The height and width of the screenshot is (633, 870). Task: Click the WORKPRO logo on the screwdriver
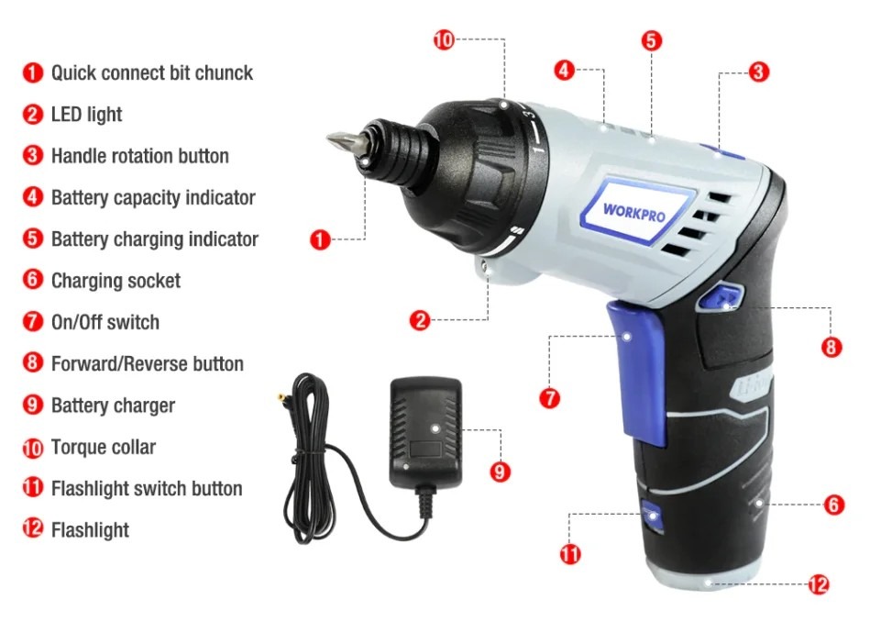(634, 212)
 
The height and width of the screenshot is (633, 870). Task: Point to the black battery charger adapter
(425, 433)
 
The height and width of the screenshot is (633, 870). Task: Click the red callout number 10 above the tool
(444, 40)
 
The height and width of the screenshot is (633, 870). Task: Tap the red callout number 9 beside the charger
(500, 472)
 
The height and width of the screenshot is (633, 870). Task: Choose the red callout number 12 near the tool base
(819, 584)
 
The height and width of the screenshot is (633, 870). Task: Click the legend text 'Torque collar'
(104, 447)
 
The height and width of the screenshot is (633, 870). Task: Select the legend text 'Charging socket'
(116, 281)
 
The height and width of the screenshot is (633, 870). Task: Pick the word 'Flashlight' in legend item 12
(90, 530)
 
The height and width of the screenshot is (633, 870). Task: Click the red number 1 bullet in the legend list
(33, 72)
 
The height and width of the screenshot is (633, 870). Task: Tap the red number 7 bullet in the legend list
(33, 322)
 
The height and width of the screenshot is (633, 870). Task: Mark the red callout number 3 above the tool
(758, 72)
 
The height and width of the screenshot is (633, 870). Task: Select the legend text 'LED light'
(86, 115)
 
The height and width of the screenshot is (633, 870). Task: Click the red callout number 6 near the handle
(834, 505)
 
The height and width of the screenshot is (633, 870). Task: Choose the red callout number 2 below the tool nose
(420, 320)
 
